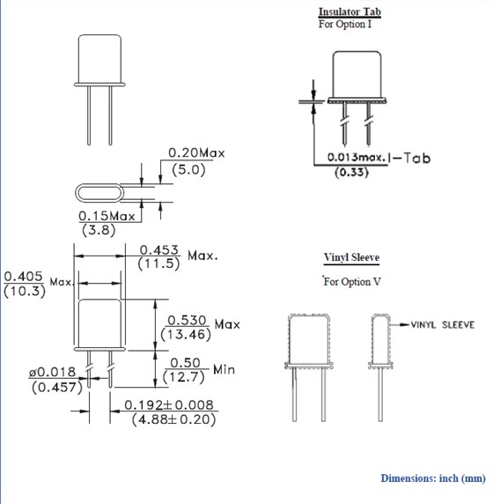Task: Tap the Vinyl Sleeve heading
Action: point(351,258)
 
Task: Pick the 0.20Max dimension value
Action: point(196,152)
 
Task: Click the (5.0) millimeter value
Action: point(187,169)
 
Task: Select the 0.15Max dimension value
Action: point(107,216)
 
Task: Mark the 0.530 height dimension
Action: point(187,320)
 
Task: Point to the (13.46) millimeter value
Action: point(185,334)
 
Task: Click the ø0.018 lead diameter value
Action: point(53,373)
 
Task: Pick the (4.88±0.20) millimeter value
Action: point(173,420)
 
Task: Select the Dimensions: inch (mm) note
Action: point(432,478)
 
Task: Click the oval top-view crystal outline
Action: point(106,193)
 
